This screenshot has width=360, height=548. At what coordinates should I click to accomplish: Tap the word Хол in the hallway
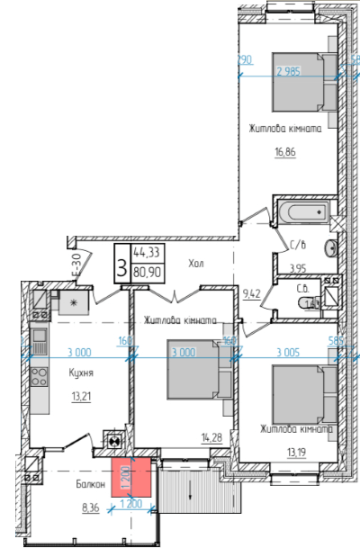(x=196, y=264)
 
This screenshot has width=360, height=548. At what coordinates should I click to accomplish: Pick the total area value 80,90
(x=148, y=270)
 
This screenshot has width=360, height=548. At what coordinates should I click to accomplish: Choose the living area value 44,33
(x=148, y=254)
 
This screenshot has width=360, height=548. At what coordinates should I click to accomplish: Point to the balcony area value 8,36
(x=91, y=508)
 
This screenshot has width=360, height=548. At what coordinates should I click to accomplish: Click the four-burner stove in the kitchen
(x=40, y=375)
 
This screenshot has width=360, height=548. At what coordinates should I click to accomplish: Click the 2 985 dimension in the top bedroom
(x=289, y=72)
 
